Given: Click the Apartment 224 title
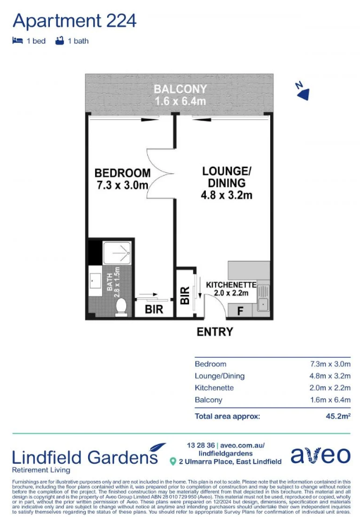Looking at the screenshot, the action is pyautogui.click(x=75, y=21).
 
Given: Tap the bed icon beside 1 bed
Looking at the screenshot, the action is pyautogui.click(x=17, y=41).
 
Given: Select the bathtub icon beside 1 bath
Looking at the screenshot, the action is pyautogui.click(x=60, y=41).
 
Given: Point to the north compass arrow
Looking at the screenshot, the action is pyautogui.click(x=303, y=94).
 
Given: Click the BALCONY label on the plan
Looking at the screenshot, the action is pyautogui.click(x=180, y=89).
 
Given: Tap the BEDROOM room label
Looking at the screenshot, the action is pyautogui.click(x=123, y=173).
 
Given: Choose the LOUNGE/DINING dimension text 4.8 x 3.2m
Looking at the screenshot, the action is pyautogui.click(x=227, y=195).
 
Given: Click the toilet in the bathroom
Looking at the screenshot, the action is pyautogui.click(x=121, y=307).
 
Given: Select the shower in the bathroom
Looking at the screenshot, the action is pyautogui.click(x=117, y=253).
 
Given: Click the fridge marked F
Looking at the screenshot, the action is pyautogui.click(x=241, y=311).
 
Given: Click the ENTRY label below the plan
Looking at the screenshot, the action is pyautogui.click(x=215, y=332).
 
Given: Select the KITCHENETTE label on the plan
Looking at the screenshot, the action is pyautogui.click(x=231, y=285).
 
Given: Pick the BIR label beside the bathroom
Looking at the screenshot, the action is pyautogui.click(x=154, y=310).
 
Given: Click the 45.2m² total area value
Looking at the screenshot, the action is pyautogui.click(x=338, y=416).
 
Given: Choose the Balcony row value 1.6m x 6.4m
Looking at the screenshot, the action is pyautogui.click(x=330, y=400).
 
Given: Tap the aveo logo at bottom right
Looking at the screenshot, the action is pyautogui.click(x=321, y=455).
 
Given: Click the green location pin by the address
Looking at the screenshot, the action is pyautogui.click(x=173, y=461).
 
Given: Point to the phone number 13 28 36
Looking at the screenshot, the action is pyautogui.click(x=201, y=446).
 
